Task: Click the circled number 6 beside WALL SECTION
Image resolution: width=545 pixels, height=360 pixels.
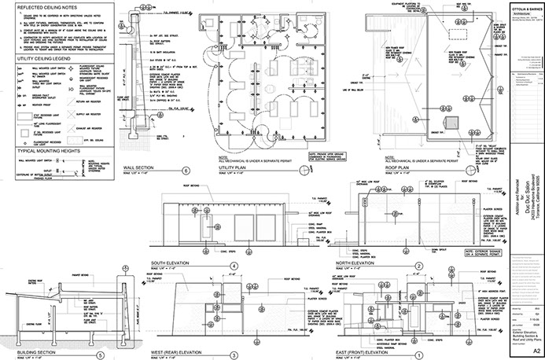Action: click(186, 170)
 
